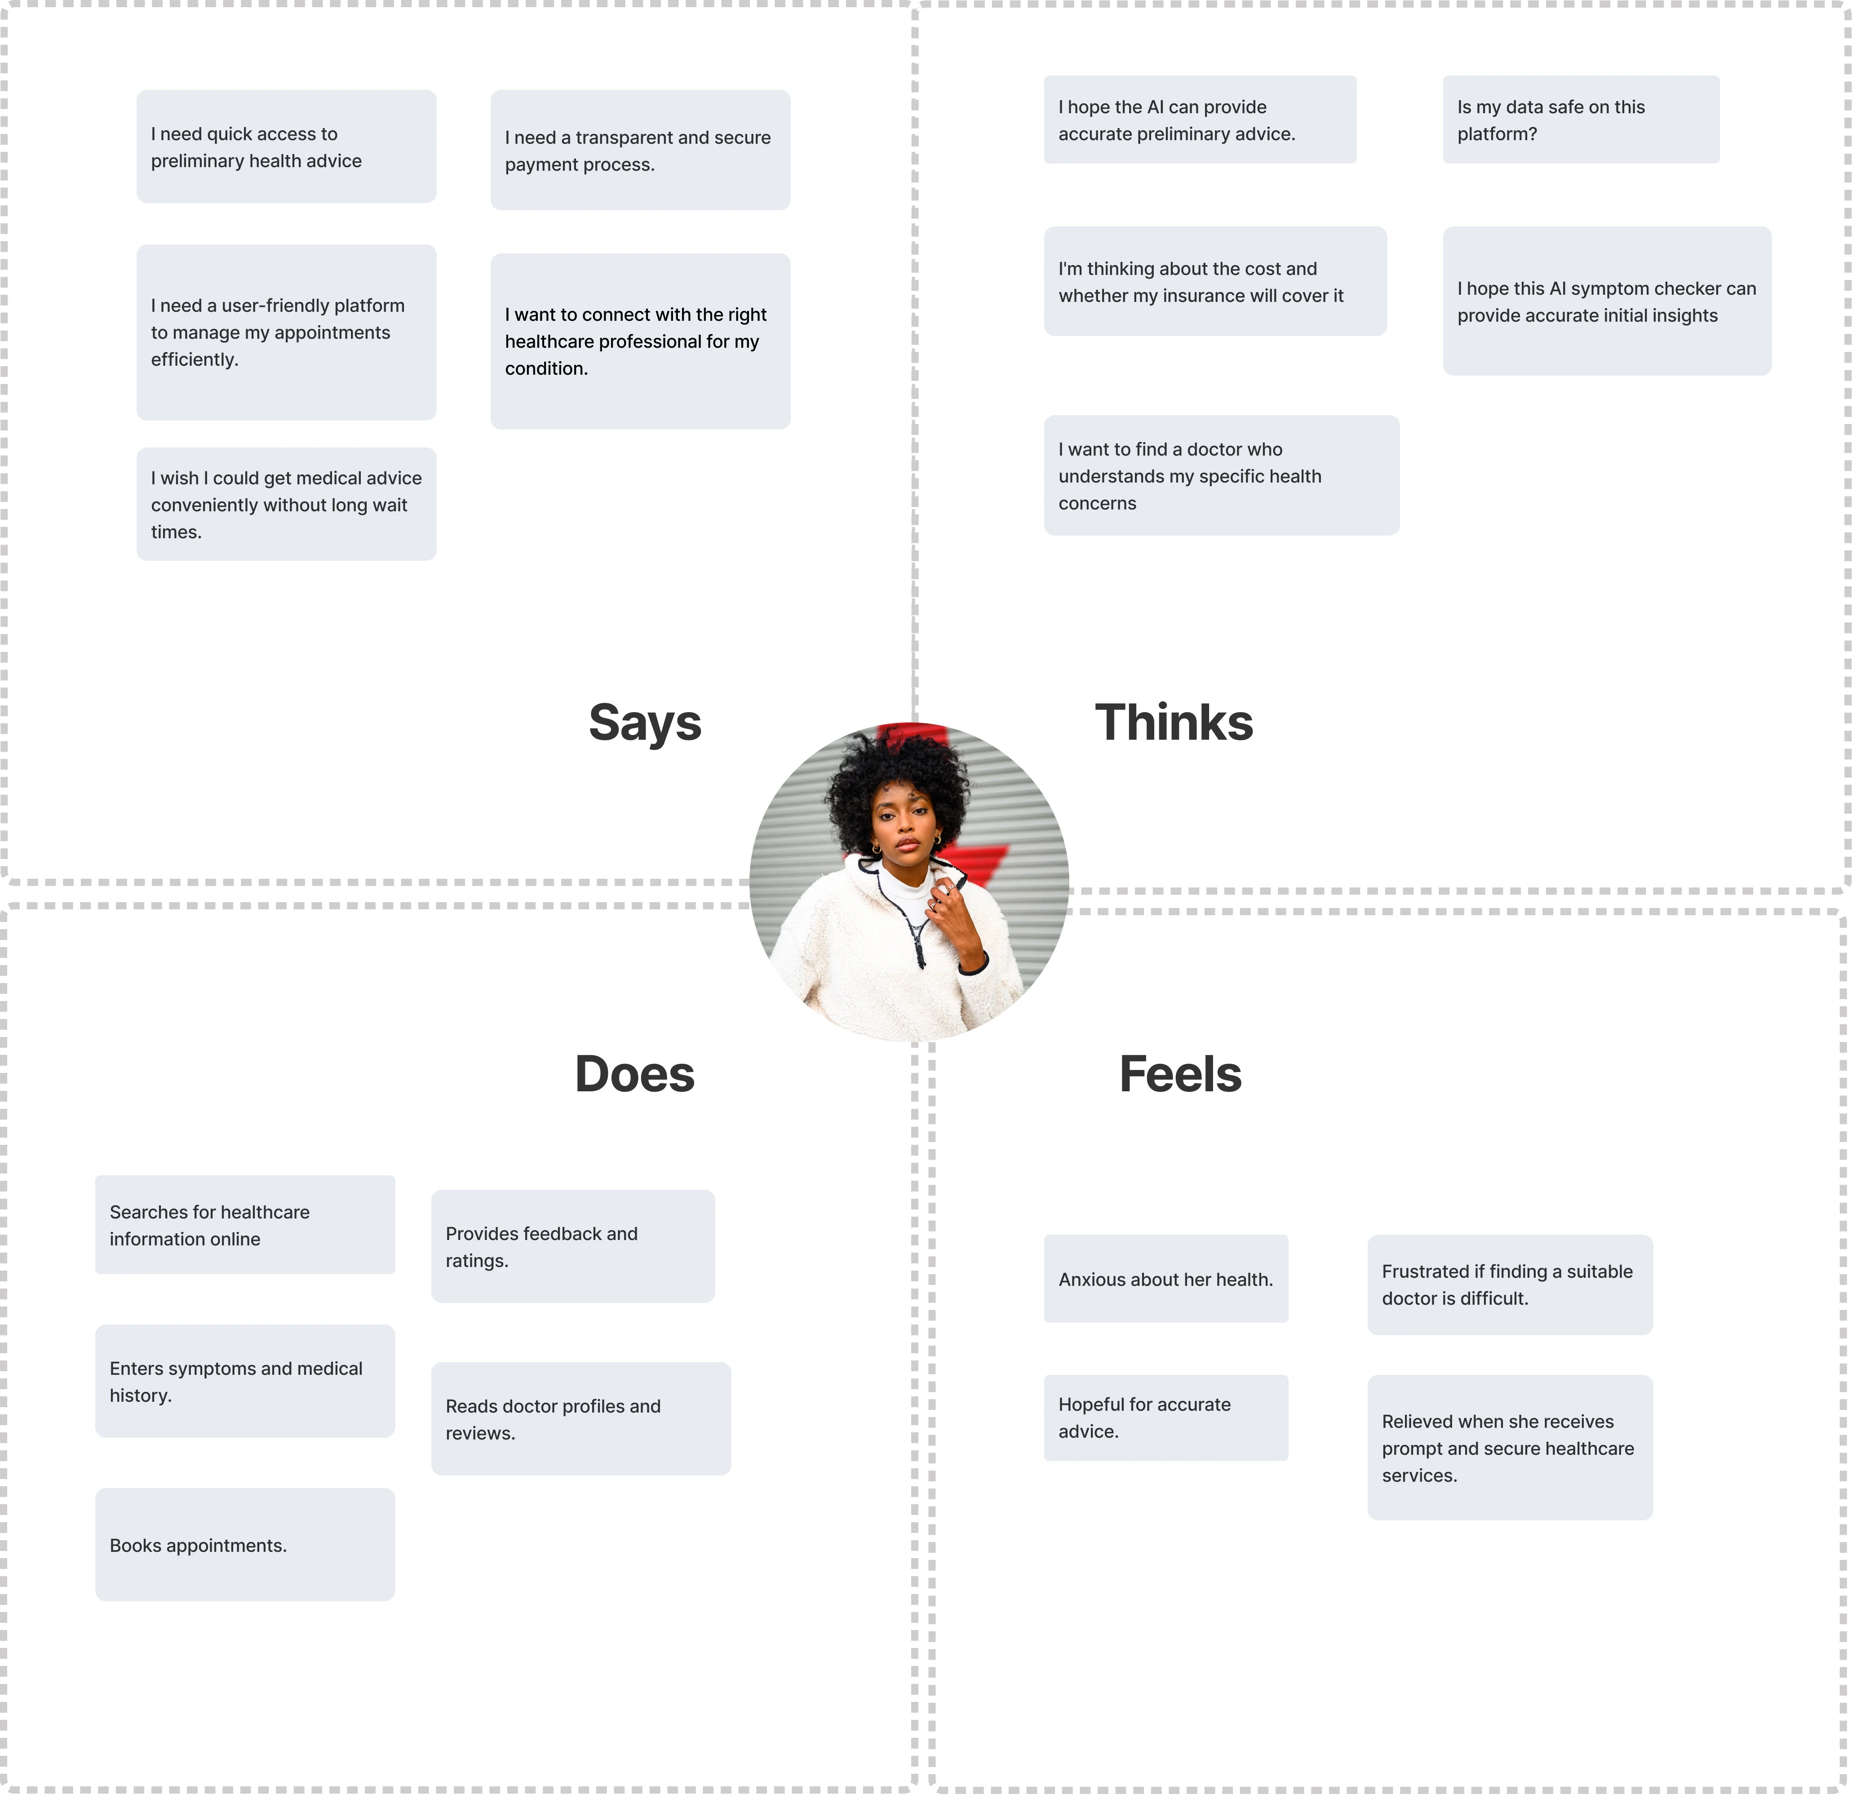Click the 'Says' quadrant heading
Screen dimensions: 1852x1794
pos(645,723)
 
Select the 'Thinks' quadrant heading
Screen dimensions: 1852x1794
pos(1174,723)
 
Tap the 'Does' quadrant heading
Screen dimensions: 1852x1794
pos(635,1074)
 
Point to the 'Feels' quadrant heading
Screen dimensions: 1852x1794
pos(1180,1074)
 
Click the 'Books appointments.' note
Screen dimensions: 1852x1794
pos(245,1545)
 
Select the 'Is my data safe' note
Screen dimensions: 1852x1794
pos(1581,120)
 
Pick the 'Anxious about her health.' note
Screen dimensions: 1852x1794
pos(1166,1279)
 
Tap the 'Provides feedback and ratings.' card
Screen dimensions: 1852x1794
pos(572,1246)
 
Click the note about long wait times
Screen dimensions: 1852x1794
pos(286,505)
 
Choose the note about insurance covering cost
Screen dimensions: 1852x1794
pos(1215,282)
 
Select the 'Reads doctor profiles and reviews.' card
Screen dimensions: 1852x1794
pos(581,1419)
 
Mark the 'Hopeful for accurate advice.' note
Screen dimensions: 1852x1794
pos(1166,1418)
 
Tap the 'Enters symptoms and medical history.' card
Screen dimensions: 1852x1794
pos(245,1381)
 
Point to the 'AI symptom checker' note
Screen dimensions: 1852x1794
pos(1607,301)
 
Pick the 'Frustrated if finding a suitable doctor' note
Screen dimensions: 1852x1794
pos(1510,1285)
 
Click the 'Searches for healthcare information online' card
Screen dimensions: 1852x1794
pos(245,1225)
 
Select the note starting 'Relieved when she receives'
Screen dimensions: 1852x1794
pos(1510,1447)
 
